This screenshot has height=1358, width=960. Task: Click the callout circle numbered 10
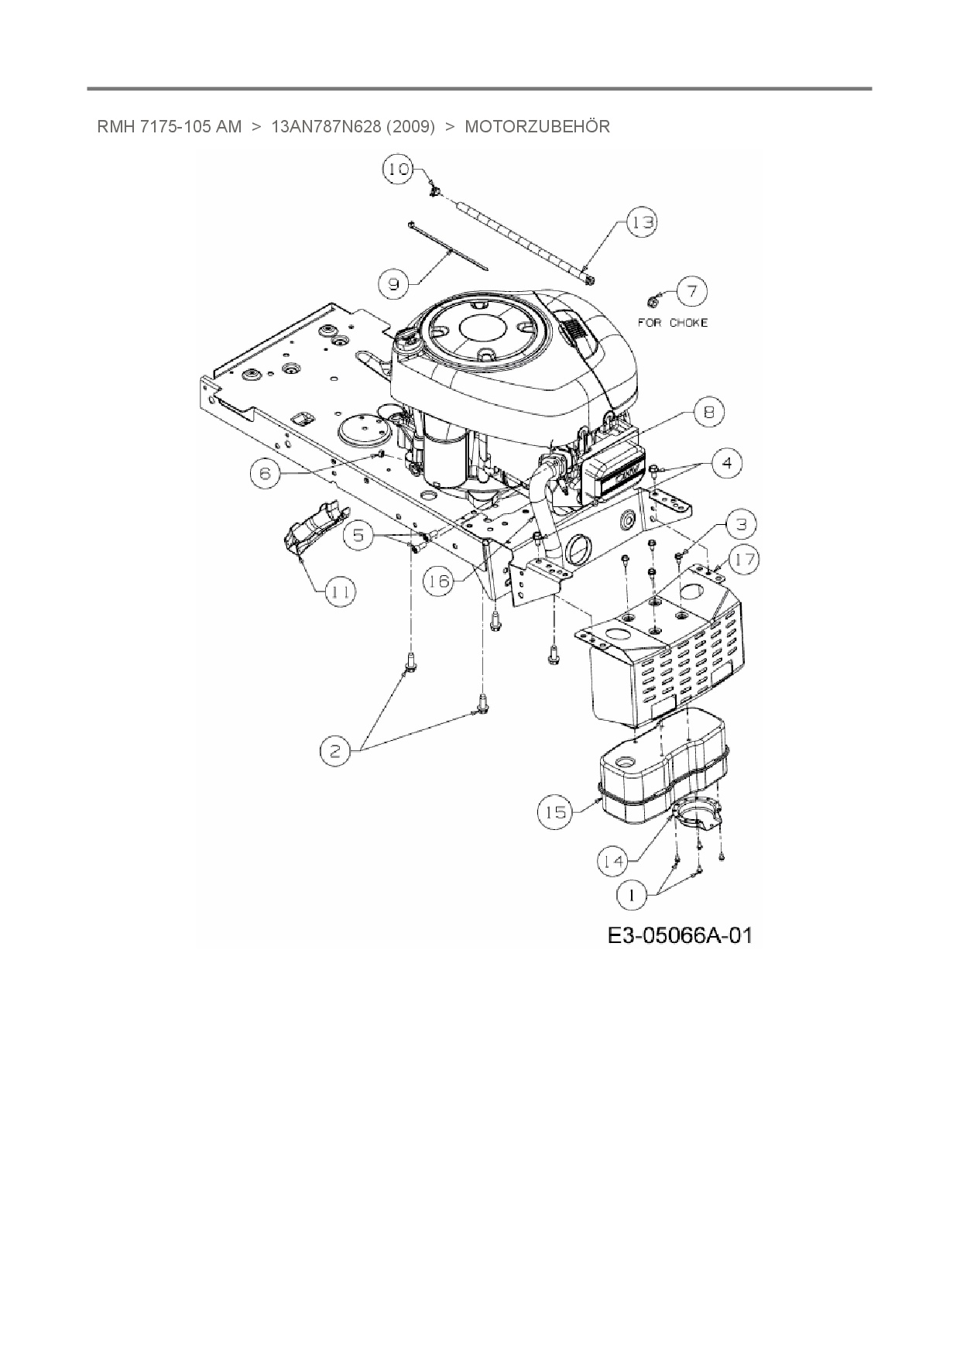399,169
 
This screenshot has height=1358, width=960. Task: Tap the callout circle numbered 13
641,223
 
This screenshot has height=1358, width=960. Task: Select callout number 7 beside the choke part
691,292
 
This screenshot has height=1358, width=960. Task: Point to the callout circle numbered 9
394,284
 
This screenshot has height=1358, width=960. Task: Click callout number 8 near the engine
709,412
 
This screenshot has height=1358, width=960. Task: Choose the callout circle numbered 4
726,463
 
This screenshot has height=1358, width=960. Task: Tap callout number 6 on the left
266,472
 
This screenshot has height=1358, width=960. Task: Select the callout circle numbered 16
439,581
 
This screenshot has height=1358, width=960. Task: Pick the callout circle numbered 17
745,559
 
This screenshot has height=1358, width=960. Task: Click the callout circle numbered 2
335,751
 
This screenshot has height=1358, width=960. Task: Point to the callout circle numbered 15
554,812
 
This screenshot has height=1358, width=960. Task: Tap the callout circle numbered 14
613,859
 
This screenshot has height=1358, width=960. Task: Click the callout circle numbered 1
632,896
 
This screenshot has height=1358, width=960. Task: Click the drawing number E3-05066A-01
679,936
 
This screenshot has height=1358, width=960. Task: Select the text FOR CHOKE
672,322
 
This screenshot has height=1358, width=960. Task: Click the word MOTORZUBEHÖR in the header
537,126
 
